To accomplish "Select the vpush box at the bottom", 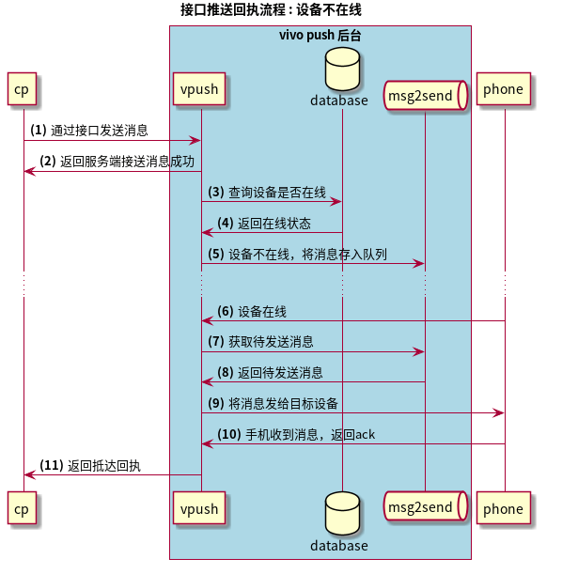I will pos(200,508).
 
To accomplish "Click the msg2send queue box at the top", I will pos(426,95).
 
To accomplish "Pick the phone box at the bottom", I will pos(503,508).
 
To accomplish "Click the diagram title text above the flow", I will pos(271,10).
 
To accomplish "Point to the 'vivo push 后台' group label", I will pos(320,35).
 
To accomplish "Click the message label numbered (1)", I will pos(88,130).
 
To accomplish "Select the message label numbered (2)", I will pos(117,161).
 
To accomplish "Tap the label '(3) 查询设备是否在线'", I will pos(267,192).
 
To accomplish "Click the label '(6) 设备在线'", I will pos(252,311).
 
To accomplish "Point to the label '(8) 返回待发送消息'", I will pos(270,372).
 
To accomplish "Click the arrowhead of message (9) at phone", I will pos(499,412).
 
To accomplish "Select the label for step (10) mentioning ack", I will pos(296,434).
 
